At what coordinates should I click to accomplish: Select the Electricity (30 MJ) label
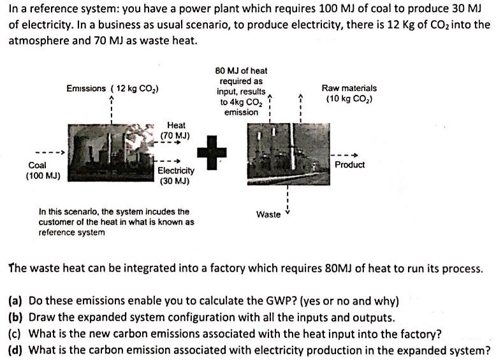tap(176, 175)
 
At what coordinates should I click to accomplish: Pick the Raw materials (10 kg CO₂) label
tap(349, 94)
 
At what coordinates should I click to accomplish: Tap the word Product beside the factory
tap(349, 165)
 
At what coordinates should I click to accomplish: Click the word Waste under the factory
tap(268, 214)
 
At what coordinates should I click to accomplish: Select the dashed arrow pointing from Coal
tap(50, 154)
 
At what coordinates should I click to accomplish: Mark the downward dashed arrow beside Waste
tap(288, 201)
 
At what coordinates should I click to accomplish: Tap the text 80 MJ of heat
tap(242, 71)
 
